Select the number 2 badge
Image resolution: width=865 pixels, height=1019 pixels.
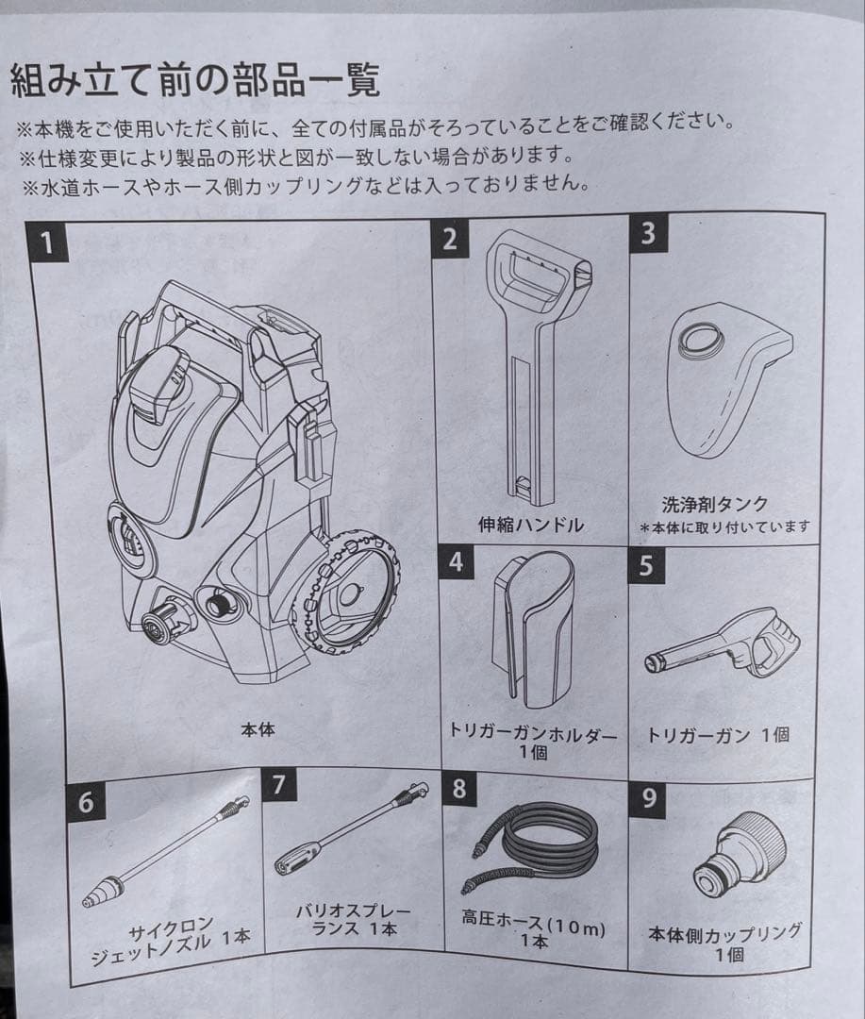point(450,238)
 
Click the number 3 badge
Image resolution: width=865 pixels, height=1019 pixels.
point(647,233)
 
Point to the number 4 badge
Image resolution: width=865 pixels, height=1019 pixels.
point(457,562)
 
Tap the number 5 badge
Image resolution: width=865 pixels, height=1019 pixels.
point(646,567)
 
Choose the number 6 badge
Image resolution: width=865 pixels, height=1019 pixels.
point(86,802)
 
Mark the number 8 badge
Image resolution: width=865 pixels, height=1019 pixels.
point(459,788)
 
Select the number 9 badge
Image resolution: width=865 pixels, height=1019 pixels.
point(649,798)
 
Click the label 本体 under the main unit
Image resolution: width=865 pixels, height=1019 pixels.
point(257,728)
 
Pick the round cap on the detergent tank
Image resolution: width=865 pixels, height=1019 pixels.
point(702,338)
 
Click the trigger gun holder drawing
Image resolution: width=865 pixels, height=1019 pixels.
point(533,628)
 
